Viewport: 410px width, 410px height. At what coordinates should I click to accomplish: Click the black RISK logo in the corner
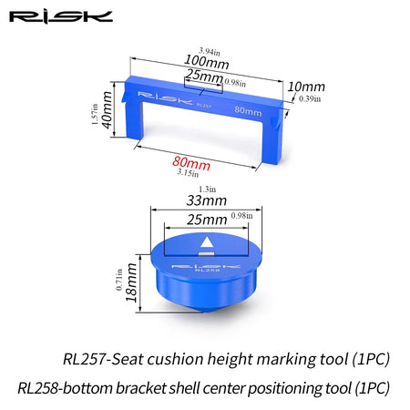click(x=61, y=17)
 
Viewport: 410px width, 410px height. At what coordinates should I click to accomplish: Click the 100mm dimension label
click(x=207, y=62)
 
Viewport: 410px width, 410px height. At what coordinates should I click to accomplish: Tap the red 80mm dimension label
click(x=191, y=163)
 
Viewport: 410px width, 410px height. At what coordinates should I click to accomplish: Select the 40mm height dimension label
click(x=108, y=109)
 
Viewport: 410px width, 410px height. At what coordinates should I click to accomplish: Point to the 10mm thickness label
click(x=306, y=87)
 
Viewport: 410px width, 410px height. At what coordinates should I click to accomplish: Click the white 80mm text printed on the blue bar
click(x=248, y=111)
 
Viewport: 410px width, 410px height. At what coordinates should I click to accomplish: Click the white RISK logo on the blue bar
click(x=165, y=97)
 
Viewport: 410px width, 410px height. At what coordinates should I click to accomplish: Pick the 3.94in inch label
click(x=210, y=51)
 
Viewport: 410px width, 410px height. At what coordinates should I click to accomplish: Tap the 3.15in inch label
click(x=188, y=172)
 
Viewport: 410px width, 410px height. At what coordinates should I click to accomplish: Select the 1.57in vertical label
click(x=95, y=114)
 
